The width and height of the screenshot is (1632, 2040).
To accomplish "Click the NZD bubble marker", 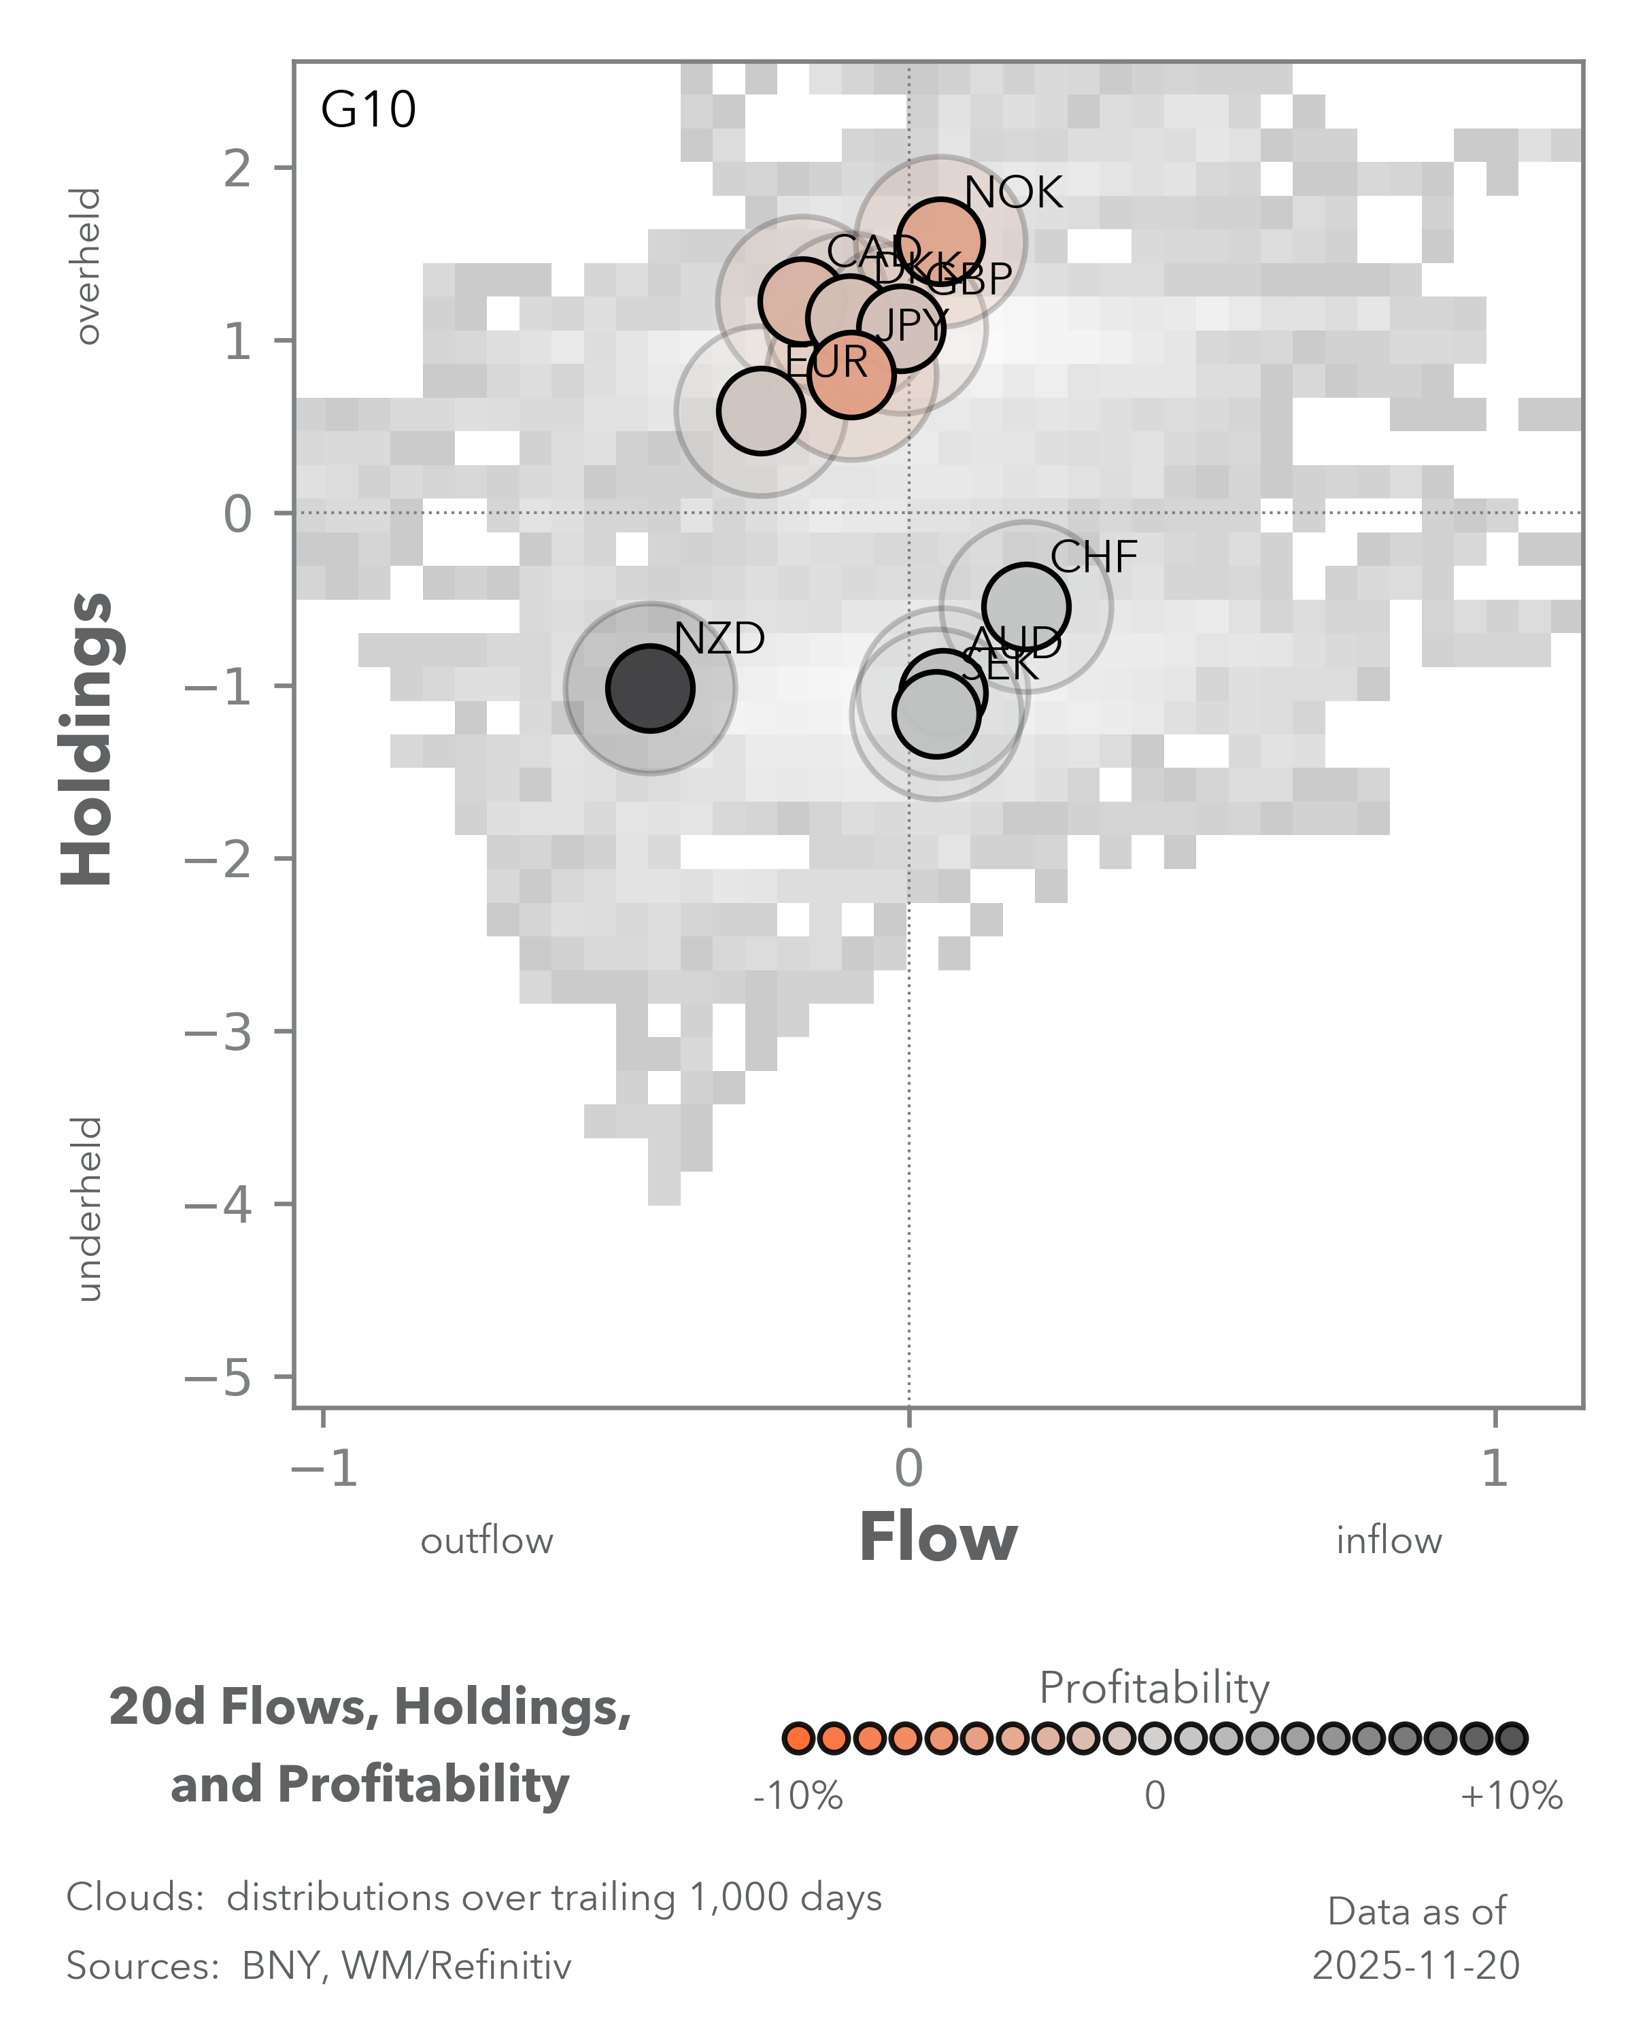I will point(650,689).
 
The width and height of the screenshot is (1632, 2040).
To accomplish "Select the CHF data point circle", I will point(1025,607).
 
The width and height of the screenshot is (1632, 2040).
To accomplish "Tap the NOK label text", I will point(1013,193).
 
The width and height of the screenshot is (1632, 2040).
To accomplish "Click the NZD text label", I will point(719,640).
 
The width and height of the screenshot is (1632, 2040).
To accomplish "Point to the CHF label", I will point(1093,558).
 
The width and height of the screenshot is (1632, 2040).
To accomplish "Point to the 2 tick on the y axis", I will point(237,169).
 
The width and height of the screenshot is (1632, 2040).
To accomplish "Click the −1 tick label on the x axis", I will point(324,1469).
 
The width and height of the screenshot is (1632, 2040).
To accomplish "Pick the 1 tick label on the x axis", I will point(1494,1469).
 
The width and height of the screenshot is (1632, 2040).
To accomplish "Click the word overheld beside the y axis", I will point(88,266).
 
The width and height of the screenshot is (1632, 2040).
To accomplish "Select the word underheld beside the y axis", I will point(88,1208).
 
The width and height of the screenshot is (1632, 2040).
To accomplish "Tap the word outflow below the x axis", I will point(486,1542).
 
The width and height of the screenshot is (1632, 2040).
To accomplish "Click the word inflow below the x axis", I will point(1388,1542).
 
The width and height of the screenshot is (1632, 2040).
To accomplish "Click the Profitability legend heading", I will point(1153,1688).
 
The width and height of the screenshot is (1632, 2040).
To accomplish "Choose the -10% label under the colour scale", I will point(798,1796).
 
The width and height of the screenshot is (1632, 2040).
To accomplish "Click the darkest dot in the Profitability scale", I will point(1512,1738).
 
